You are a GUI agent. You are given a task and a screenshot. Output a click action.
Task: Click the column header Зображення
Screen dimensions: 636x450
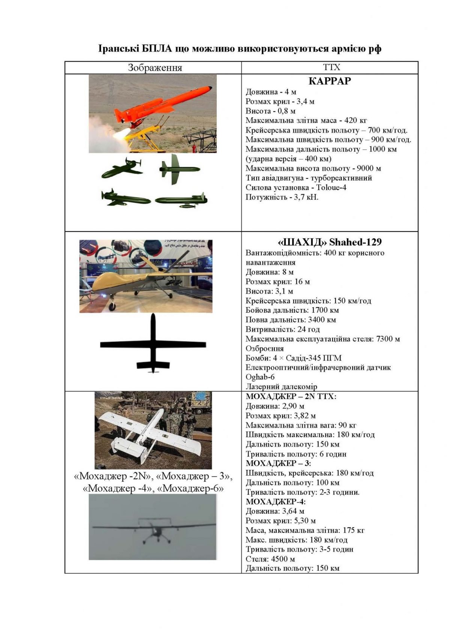155,67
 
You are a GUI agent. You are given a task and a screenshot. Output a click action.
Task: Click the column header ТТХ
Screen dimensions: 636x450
331,67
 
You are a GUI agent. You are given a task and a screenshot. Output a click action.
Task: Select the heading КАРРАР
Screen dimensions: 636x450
330,81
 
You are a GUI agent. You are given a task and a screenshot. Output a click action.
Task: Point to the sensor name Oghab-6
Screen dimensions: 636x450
260,377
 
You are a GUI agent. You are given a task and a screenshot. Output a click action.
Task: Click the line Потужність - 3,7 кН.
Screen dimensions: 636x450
282,197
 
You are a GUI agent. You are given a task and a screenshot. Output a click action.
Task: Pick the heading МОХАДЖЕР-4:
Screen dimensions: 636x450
276,502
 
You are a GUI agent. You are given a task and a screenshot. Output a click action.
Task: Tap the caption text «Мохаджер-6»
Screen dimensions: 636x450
193,489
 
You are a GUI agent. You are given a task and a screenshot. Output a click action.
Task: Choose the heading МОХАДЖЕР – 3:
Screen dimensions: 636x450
278,463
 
